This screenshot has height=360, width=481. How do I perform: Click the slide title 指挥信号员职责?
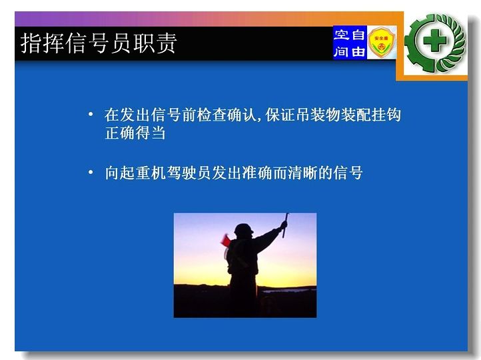coord(99,43)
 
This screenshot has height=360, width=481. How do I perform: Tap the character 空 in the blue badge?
coord(341,35)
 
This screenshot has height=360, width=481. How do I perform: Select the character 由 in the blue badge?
coord(358,51)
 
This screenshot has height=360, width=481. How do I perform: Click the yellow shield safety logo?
coord(382,42)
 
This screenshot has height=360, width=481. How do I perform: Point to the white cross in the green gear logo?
coord(434,41)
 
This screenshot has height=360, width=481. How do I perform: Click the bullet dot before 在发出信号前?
coord(91,115)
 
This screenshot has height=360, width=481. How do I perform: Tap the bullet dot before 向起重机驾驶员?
coord(91,172)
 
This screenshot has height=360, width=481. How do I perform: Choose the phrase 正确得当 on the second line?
coord(135,133)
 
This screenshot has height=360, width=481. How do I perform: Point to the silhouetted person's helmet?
coord(244,229)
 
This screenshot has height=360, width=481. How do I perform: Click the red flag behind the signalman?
coord(225,241)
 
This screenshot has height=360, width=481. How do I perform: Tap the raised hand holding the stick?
coord(284,225)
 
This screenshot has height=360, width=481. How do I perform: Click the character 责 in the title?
coord(167,43)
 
